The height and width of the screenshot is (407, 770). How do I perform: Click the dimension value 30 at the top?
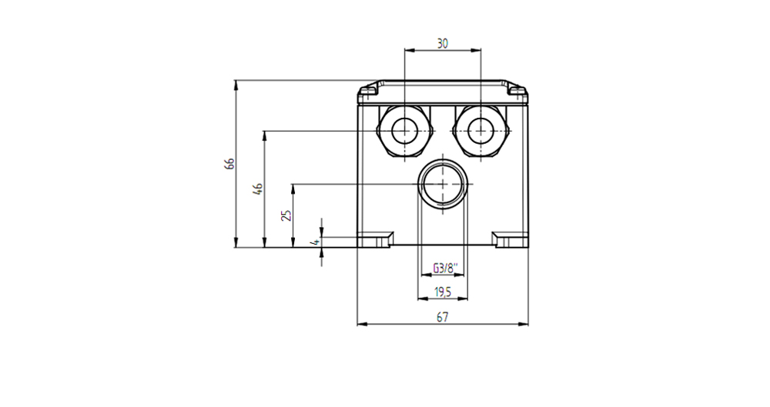coord(443,43)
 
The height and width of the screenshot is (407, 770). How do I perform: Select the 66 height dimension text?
coord(229,163)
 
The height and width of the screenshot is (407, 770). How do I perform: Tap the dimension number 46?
coord(258,189)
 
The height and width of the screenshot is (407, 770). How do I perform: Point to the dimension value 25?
coord(286,215)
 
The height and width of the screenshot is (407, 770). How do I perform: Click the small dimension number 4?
coord(315,242)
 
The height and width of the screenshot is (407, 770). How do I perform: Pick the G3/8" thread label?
coord(445,268)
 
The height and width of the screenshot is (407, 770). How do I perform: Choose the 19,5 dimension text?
coord(443,292)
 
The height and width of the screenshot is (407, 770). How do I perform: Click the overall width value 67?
coord(443,317)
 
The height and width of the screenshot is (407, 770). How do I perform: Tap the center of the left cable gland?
coord(405,131)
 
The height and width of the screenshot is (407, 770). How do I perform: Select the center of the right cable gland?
coord(480,131)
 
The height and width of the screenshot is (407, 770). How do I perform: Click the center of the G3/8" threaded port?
coord(443,184)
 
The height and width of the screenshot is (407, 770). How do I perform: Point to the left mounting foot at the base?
coord(375,239)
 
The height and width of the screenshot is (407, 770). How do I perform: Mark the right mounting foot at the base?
coord(511,239)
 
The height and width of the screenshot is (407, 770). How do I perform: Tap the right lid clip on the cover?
coord(517,90)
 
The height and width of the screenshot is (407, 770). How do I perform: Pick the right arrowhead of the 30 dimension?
coord(476,49)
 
